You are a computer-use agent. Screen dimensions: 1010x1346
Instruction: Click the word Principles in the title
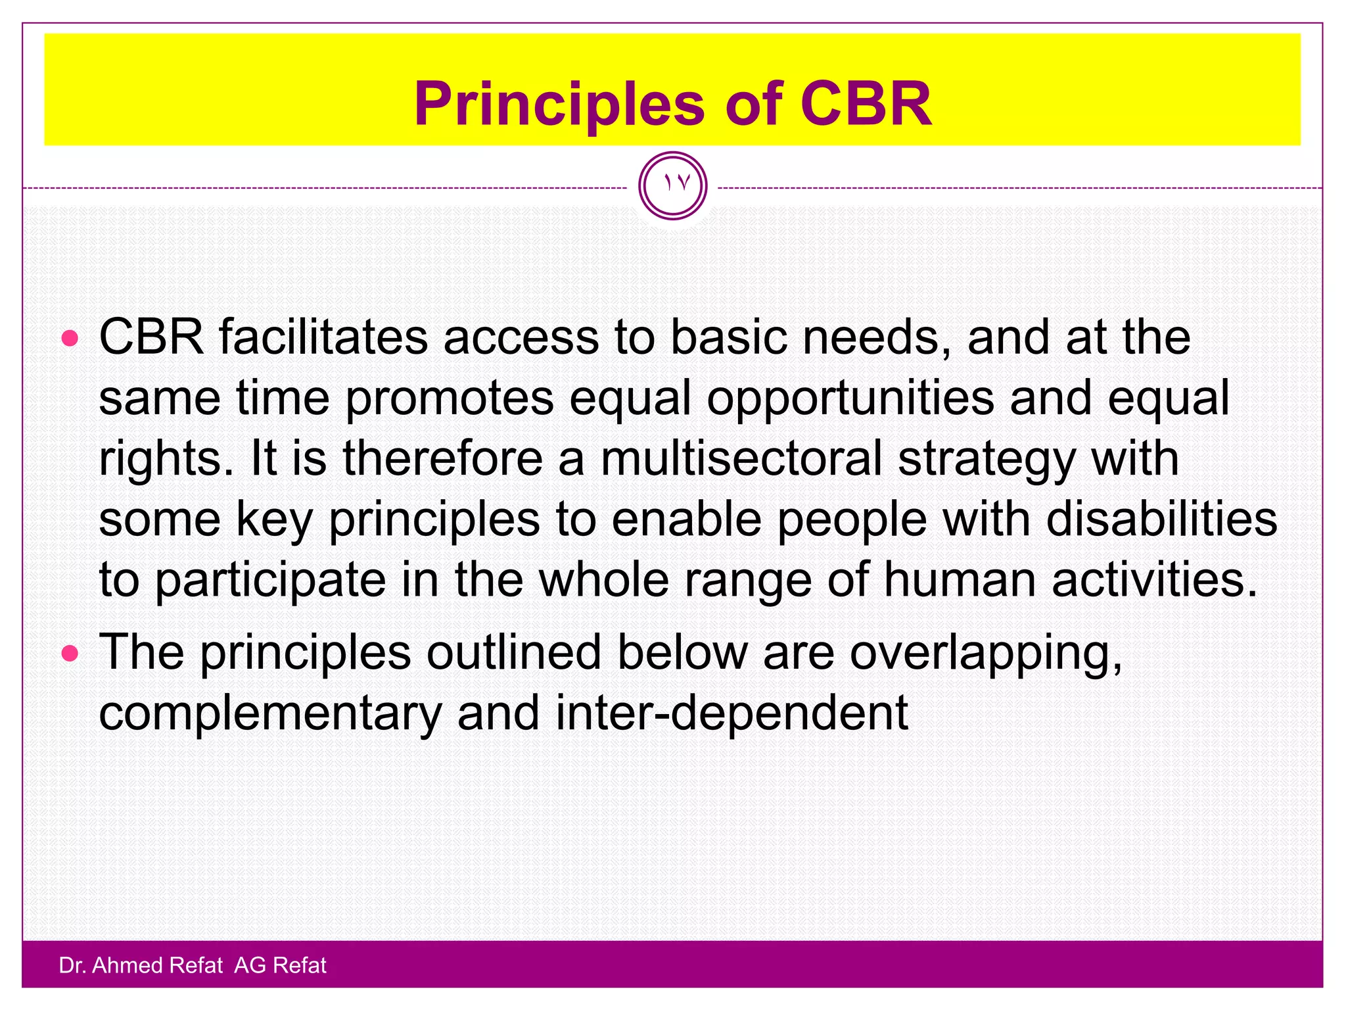[559, 105]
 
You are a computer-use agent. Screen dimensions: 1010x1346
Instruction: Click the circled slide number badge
[672, 185]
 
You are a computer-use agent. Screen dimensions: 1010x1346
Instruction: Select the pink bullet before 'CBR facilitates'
[70, 339]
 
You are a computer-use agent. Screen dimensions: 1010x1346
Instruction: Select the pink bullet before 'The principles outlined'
[70, 654]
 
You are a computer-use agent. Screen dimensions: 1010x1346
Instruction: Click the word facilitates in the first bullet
[323, 337]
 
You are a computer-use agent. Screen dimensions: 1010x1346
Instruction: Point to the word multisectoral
[741, 459]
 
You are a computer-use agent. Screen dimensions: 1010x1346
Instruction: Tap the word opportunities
[850, 398]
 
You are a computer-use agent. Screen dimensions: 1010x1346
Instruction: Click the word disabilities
[1161, 519]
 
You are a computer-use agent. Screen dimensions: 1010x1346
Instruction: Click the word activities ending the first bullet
[1154, 580]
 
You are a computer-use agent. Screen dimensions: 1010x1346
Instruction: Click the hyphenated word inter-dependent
[731, 713]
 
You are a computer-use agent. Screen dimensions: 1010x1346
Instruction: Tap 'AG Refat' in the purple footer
[280, 965]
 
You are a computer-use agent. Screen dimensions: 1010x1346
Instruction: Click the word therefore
[442, 459]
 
